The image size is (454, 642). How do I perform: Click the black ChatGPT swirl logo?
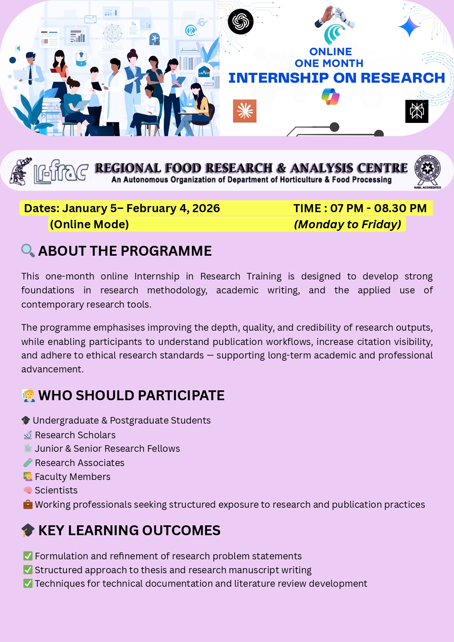point(240,22)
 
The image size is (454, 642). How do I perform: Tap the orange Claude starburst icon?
point(245,111)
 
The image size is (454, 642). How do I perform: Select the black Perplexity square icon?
point(417,111)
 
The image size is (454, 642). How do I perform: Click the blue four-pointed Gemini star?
point(409,27)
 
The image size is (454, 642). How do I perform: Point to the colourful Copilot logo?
point(330,97)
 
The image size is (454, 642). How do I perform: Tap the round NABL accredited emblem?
point(427,170)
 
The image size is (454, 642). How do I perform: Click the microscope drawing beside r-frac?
point(21,172)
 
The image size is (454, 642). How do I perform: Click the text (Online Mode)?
point(89,224)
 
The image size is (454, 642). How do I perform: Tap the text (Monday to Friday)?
point(348,224)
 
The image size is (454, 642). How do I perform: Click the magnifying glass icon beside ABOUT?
point(28,251)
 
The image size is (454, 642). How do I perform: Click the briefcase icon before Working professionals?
point(28,505)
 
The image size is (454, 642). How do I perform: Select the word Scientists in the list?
point(56,491)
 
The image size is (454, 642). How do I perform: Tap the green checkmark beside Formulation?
point(28,556)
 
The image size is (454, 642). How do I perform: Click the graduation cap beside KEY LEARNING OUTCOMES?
point(28,530)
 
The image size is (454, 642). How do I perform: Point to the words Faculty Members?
point(72,477)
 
